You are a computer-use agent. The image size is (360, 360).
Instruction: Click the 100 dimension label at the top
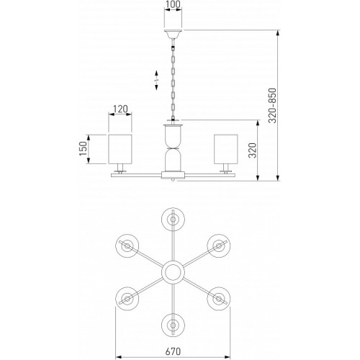(173, 4)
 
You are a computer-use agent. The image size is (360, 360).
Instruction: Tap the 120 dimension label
(120, 109)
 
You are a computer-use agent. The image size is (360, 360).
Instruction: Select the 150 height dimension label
(83, 148)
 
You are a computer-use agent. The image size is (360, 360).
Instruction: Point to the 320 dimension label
(253, 150)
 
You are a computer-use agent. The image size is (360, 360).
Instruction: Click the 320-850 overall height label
(272, 106)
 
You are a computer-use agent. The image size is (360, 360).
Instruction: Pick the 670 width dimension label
(173, 351)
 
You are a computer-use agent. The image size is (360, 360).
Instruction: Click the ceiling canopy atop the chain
(173, 34)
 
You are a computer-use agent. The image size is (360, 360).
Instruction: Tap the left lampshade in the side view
(120, 149)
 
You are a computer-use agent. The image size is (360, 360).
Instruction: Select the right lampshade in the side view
(226, 149)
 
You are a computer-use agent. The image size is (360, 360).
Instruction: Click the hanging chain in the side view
(173, 79)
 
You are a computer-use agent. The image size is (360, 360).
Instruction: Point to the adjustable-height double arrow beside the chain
(156, 81)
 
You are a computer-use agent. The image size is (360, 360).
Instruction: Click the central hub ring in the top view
(173, 272)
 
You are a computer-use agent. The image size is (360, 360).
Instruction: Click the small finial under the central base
(173, 180)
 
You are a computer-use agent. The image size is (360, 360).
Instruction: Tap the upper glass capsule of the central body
(173, 136)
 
